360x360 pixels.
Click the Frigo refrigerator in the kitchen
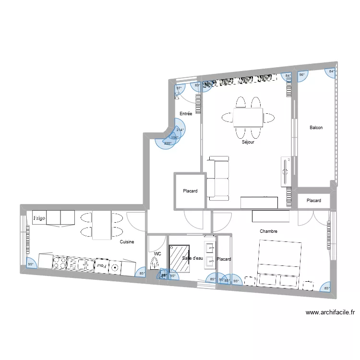(39, 218)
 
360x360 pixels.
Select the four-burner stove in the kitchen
(60, 263)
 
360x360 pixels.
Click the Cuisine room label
(127, 242)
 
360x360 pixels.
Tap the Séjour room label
(248, 142)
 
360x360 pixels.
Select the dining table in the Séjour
(248, 117)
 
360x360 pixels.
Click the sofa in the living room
(218, 178)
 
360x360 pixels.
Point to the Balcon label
(316, 128)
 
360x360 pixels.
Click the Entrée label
(186, 114)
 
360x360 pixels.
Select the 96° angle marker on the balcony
(302, 75)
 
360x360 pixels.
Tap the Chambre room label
(268, 231)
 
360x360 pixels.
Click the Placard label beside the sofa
(190, 191)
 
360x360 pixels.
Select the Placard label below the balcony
(313, 201)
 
